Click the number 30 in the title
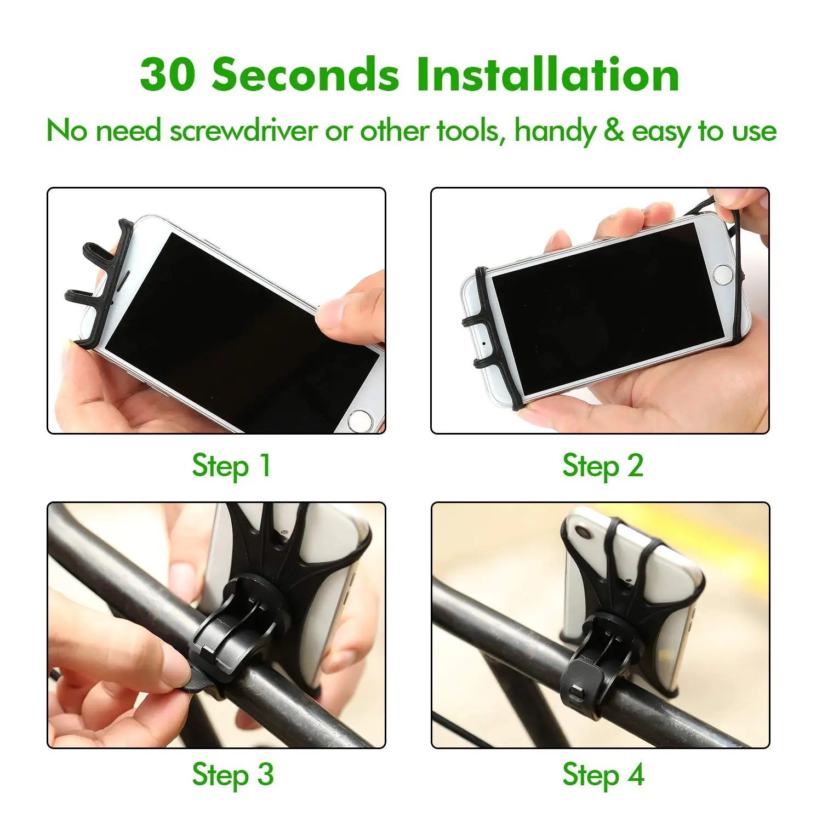pos(167,75)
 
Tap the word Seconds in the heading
pos(306,75)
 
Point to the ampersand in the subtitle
pos(614,132)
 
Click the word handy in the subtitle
pos(555,133)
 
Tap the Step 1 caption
pos(231,466)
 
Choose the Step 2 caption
pos(603,466)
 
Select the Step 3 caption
pos(232,775)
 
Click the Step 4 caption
pos(603,775)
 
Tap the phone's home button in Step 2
pos(723,274)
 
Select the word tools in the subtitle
pos(470,132)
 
